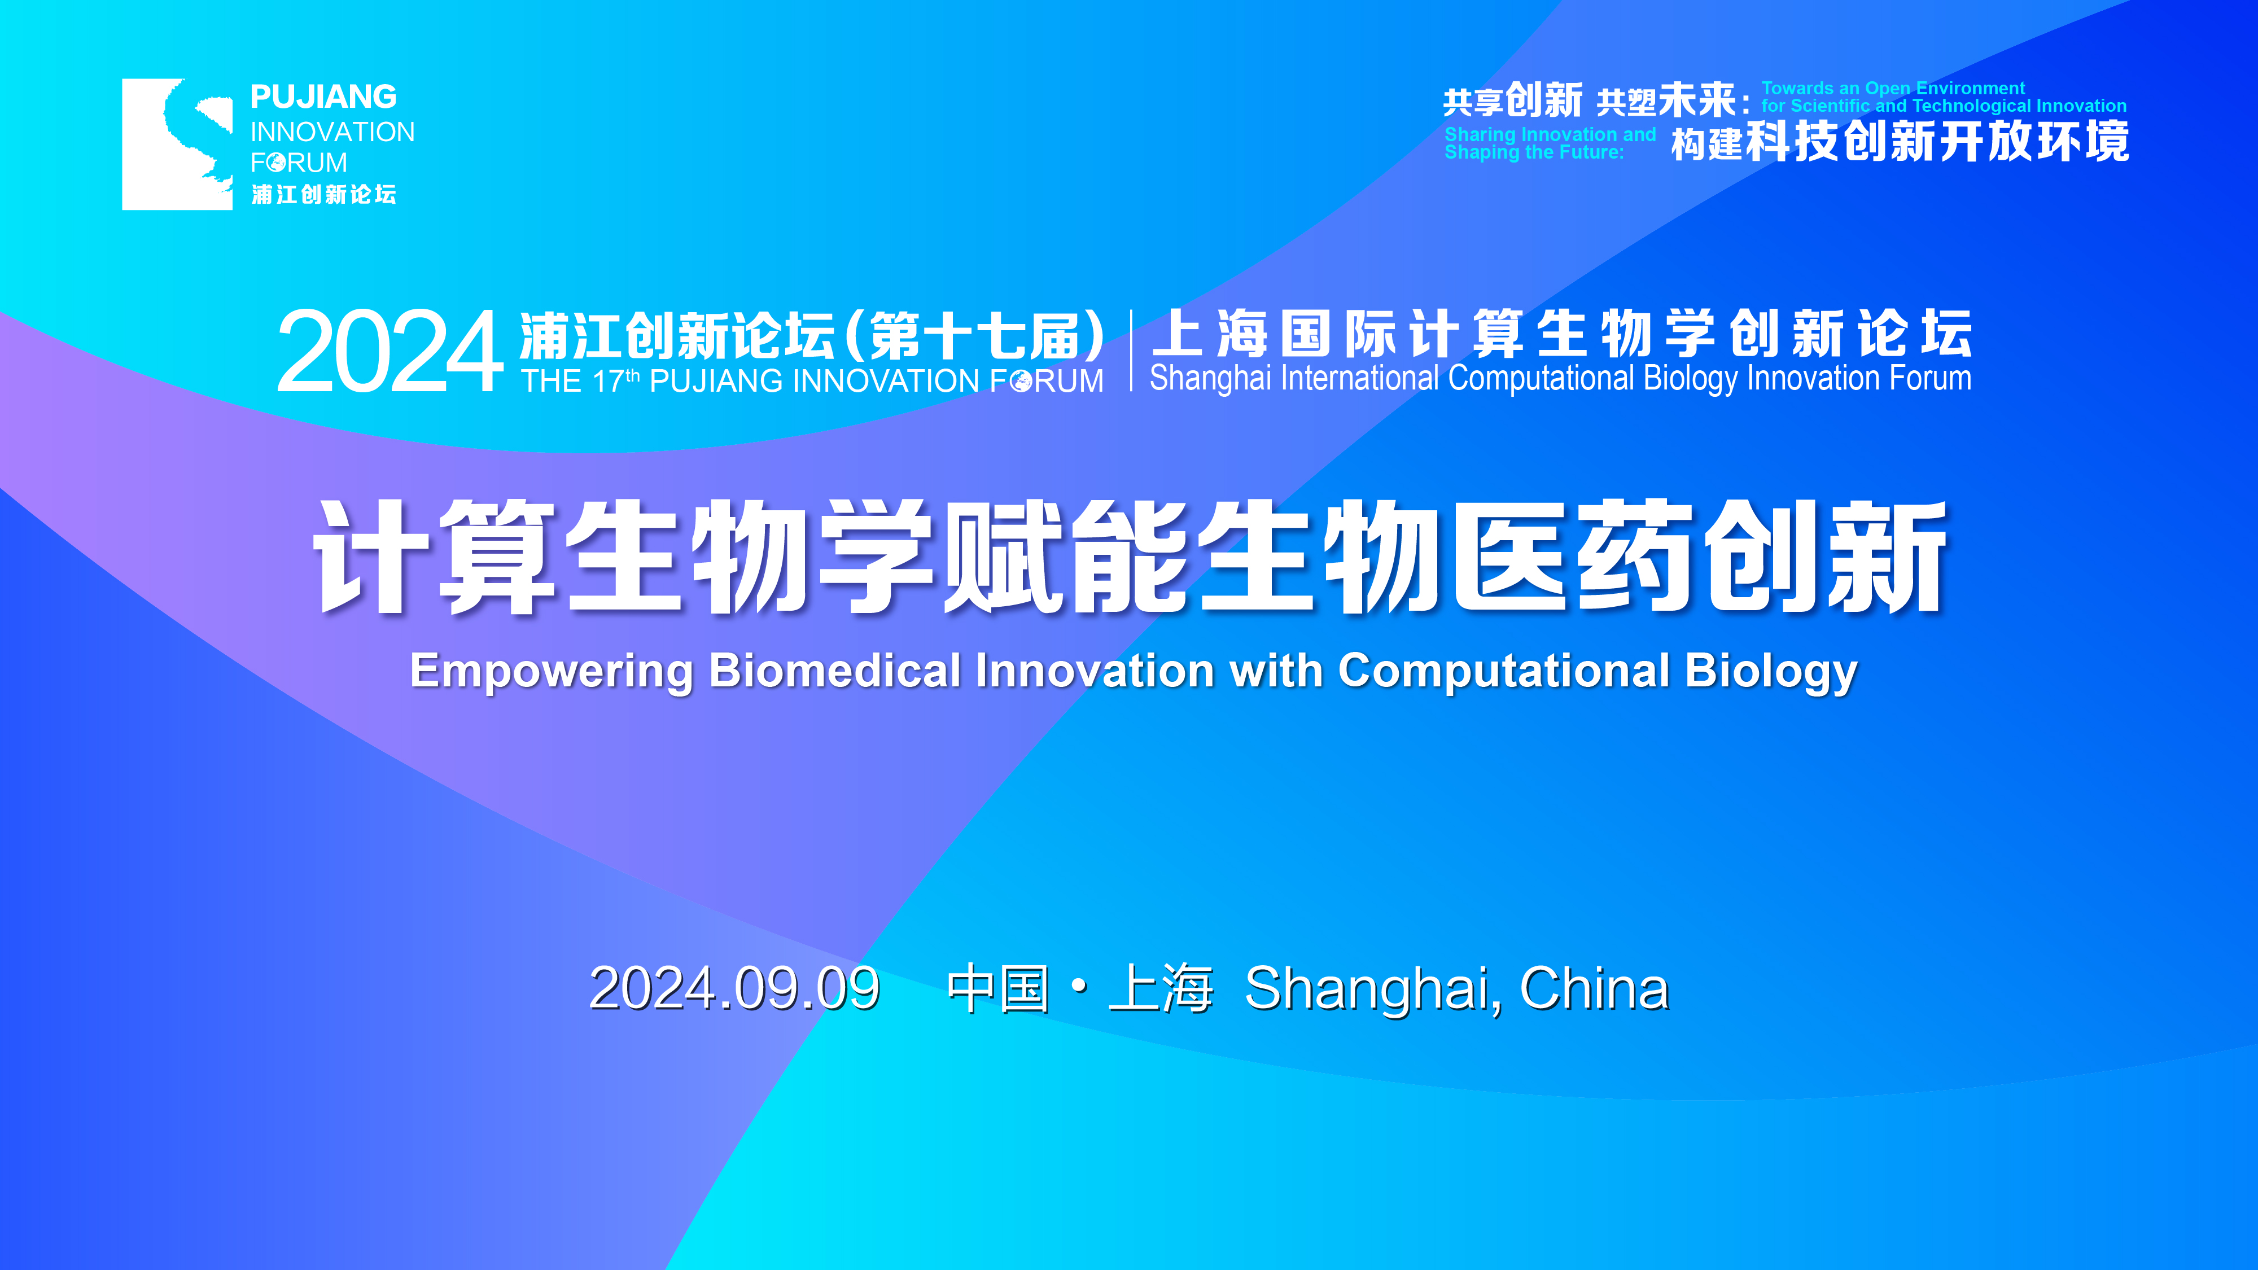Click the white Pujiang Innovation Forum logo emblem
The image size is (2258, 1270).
tap(177, 144)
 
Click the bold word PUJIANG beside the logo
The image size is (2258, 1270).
tap(323, 97)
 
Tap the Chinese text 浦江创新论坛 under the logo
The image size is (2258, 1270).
tap(323, 195)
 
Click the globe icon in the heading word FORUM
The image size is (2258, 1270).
tap(1020, 381)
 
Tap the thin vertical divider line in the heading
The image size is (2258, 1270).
tap(1131, 350)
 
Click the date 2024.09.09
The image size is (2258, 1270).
tap(734, 989)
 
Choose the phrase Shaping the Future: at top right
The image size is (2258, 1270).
tap(1534, 152)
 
